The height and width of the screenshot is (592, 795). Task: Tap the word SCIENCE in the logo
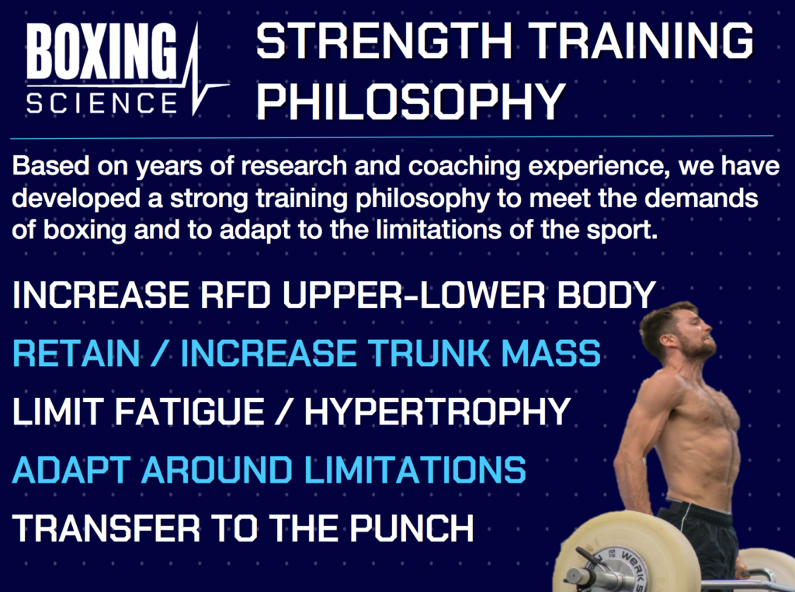pyautogui.click(x=102, y=103)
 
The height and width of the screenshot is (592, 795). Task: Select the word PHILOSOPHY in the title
pyautogui.click(x=411, y=100)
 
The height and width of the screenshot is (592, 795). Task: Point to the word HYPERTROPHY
pyautogui.click(x=438, y=411)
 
